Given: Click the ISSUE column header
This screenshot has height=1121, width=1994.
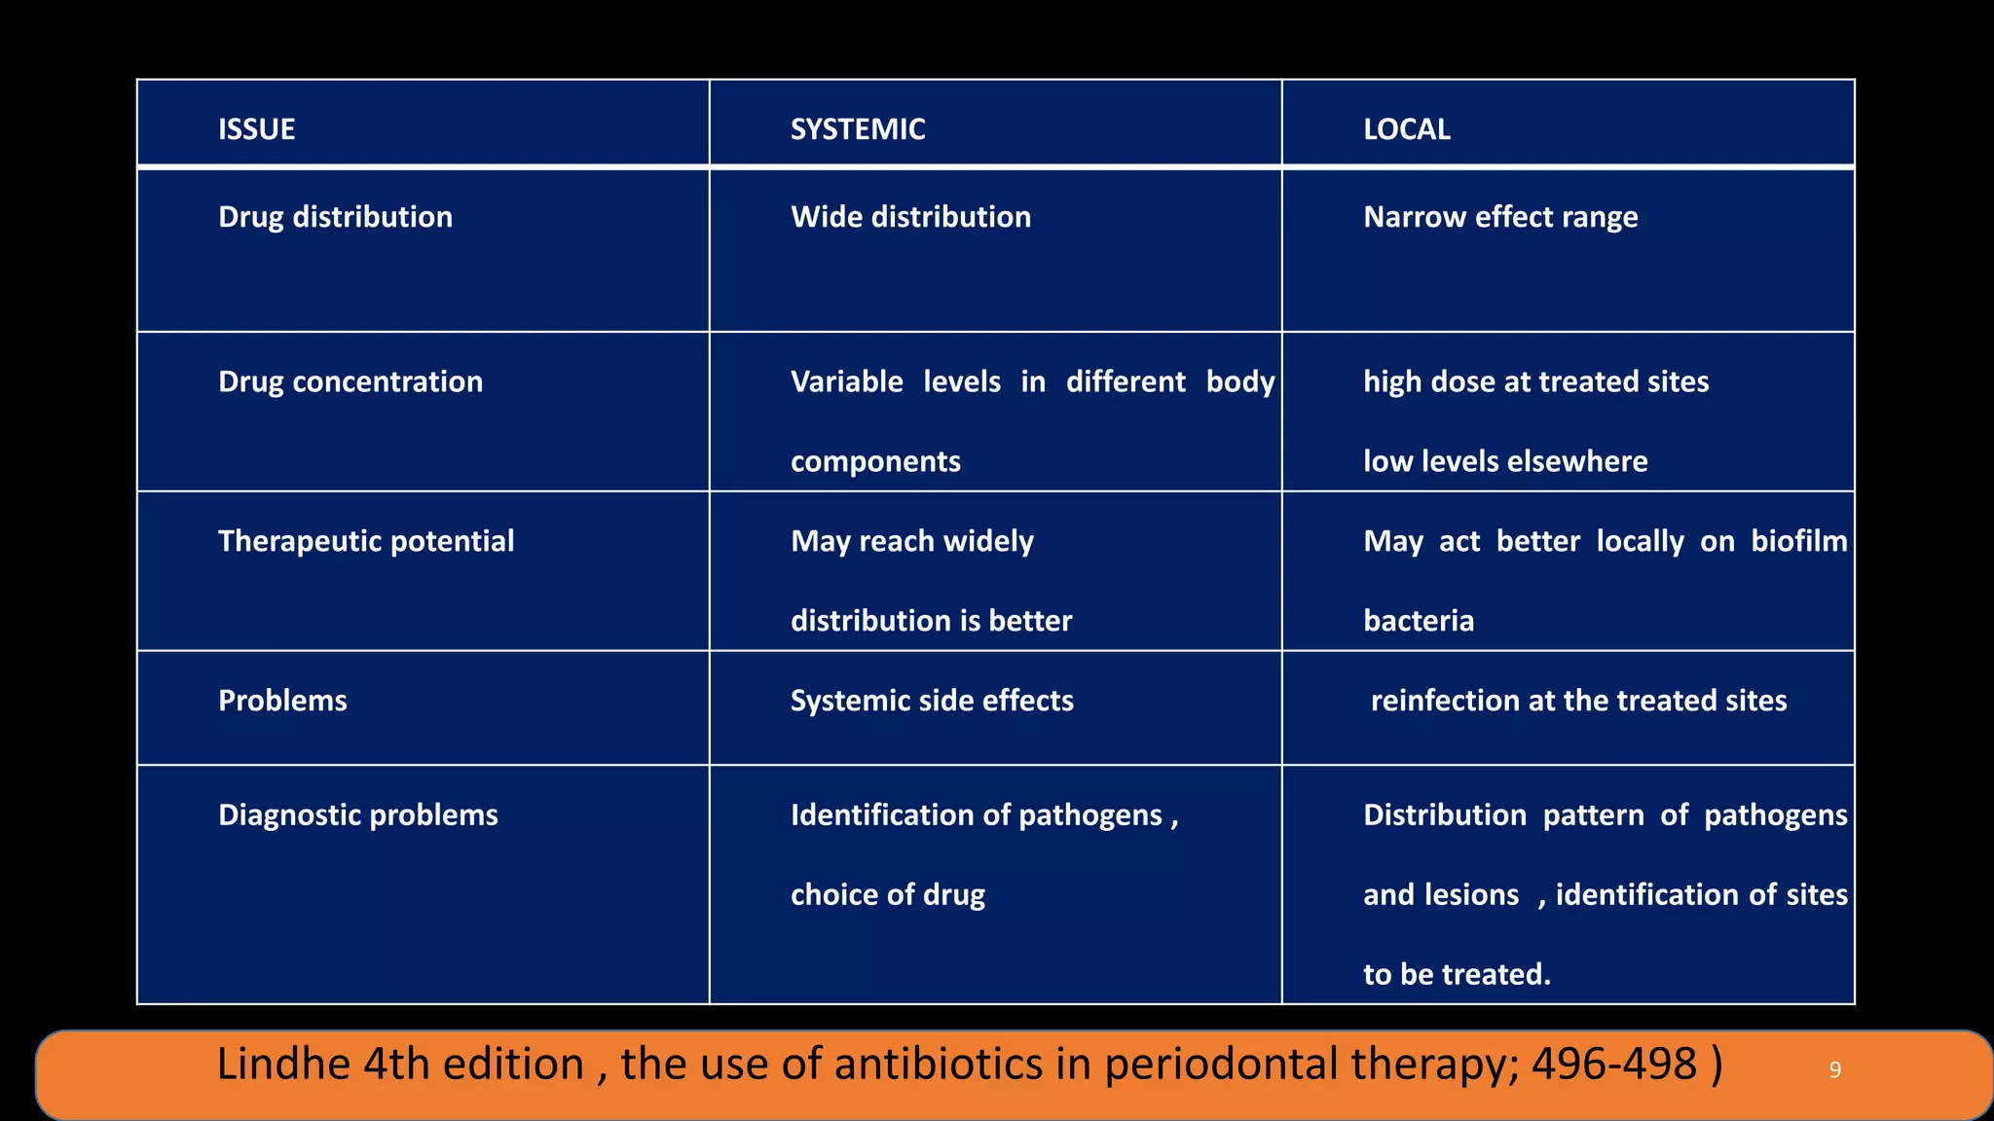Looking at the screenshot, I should point(256,129).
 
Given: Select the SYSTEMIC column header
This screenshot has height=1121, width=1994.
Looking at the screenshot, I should point(857,129).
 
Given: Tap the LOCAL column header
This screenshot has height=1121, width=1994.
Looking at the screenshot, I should point(1406,129).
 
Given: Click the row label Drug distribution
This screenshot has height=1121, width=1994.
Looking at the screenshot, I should point(335,217).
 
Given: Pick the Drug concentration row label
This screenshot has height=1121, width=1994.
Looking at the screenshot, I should point(350,381).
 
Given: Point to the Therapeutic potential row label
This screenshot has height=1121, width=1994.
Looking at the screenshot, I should point(365,541).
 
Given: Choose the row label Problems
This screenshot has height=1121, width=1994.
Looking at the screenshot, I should point(282,701).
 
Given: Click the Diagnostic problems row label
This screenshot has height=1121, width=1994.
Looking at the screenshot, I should point(357,814).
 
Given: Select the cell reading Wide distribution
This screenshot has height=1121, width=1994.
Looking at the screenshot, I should point(910,217).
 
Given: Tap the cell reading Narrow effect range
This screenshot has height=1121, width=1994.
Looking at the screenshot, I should point(1499,217).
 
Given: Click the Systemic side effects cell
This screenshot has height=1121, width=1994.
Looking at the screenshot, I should point(932,701).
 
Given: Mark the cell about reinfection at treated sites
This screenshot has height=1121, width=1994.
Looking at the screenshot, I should point(1578,701).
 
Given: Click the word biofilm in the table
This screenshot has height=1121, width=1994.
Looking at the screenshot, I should point(1798,541).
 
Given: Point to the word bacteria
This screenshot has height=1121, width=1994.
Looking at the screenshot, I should point(1419,621).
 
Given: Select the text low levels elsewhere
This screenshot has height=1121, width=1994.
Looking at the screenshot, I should point(1505,461).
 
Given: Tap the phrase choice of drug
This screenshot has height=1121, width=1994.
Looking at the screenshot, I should point(887,894).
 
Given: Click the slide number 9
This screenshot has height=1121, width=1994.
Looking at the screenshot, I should point(1834,1070).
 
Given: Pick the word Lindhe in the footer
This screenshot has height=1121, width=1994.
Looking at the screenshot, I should point(282,1064).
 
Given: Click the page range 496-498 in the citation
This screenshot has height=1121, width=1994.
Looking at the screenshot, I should point(1613,1064).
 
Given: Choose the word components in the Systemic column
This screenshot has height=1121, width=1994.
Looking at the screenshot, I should point(875,461).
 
